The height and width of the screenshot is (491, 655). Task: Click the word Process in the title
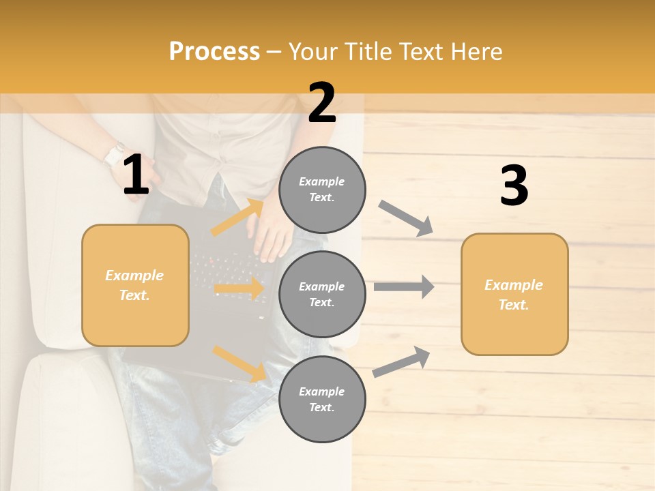click(214, 52)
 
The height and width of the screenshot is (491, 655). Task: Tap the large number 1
click(136, 175)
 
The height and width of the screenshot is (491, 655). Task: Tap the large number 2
click(322, 103)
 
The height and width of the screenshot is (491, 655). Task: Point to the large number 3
click(514, 185)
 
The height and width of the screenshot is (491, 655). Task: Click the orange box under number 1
click(135, 285)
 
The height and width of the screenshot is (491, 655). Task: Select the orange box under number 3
click(514, 294)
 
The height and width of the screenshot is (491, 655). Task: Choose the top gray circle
click(322, 190)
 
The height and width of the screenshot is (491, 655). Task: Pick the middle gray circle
click(322, 294)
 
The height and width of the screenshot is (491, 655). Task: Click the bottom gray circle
click(322, 399)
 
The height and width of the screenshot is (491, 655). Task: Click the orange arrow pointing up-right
click(238, 218)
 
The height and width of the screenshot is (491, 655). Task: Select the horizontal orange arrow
click(239, 288)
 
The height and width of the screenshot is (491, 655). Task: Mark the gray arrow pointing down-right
click(406, 218)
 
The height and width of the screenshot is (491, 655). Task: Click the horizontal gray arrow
click(404, 287)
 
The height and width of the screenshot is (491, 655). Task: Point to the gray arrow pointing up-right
click(402, 361)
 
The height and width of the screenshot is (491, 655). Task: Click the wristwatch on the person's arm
click(115, 154)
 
